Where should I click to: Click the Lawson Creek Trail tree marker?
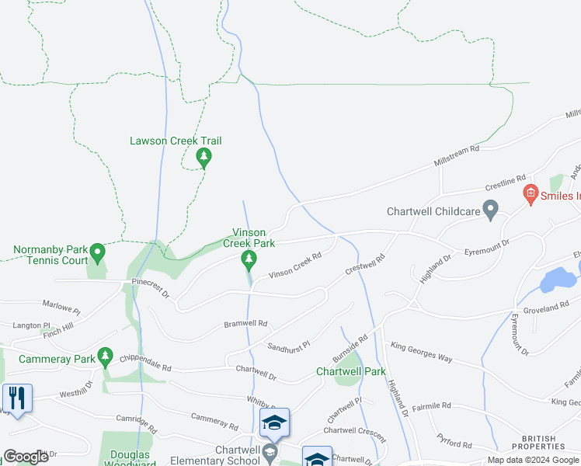click(204, 158)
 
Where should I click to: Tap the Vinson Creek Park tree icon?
click(249, 259)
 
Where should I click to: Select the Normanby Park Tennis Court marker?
click(97, 252)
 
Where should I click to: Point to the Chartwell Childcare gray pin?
click(490, 210)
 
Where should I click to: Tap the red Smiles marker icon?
click(531, 195)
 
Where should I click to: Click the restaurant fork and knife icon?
click(16, 398)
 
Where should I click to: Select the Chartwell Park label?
click(351, 371)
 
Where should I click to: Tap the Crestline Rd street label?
click(506, 183)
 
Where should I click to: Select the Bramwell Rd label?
click(245, 323)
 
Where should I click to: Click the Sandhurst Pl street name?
click(289, 344)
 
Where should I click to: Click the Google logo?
click(26, 457)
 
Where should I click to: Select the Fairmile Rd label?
click(432, 406)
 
